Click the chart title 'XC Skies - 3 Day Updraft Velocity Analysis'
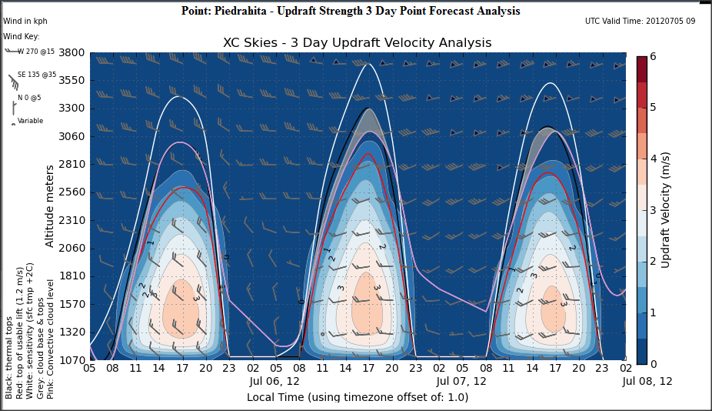tap(357, 43)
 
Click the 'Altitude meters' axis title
tap(49, 199)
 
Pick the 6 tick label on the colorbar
tap(652, 56)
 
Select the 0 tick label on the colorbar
tap(652, 363)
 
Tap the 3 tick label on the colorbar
tap(652, 209)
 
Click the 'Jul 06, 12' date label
tap(274, 381)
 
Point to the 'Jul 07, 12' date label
tap(461, 381)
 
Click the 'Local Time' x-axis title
tap(357, 397)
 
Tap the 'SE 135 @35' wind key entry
tap(37, 75)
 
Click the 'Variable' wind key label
tap(31, 121)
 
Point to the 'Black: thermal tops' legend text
tap(9, 362)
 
